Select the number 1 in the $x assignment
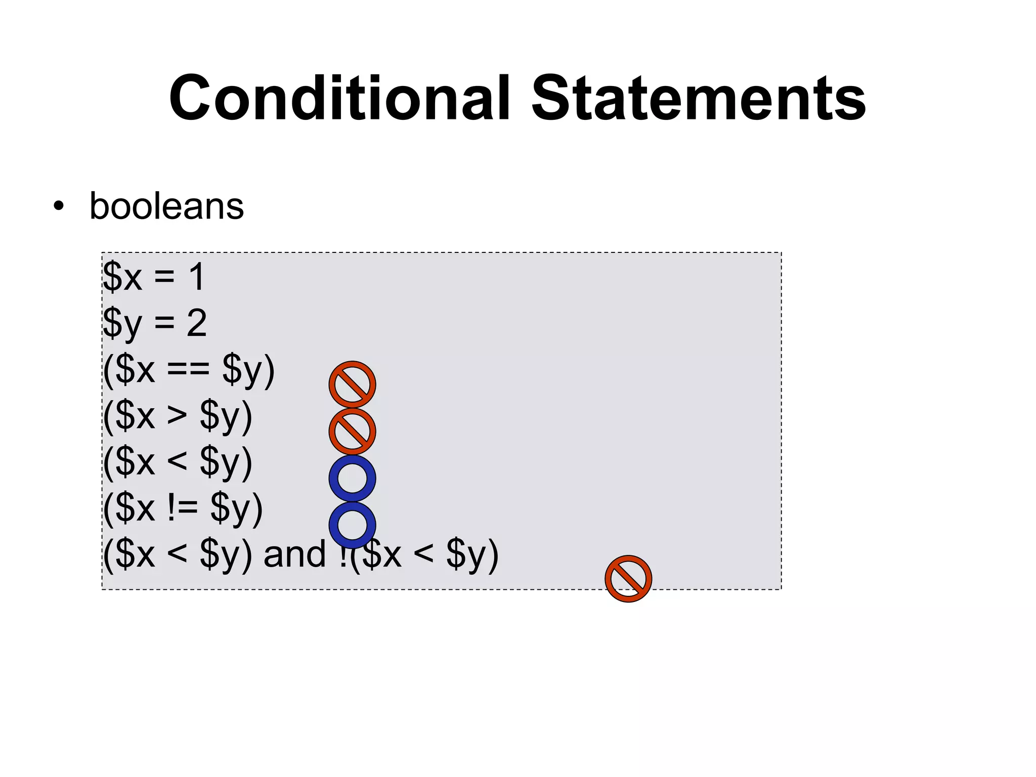point(196,277)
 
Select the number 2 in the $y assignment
point(196,323)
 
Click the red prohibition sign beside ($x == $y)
point(352,384)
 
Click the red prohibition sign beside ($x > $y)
point(352,431)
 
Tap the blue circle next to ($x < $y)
point(352,478)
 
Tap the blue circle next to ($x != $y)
point(352,525)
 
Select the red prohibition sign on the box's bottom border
point(628,579)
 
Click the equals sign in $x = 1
point(164,277)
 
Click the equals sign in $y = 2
point(164,323)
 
